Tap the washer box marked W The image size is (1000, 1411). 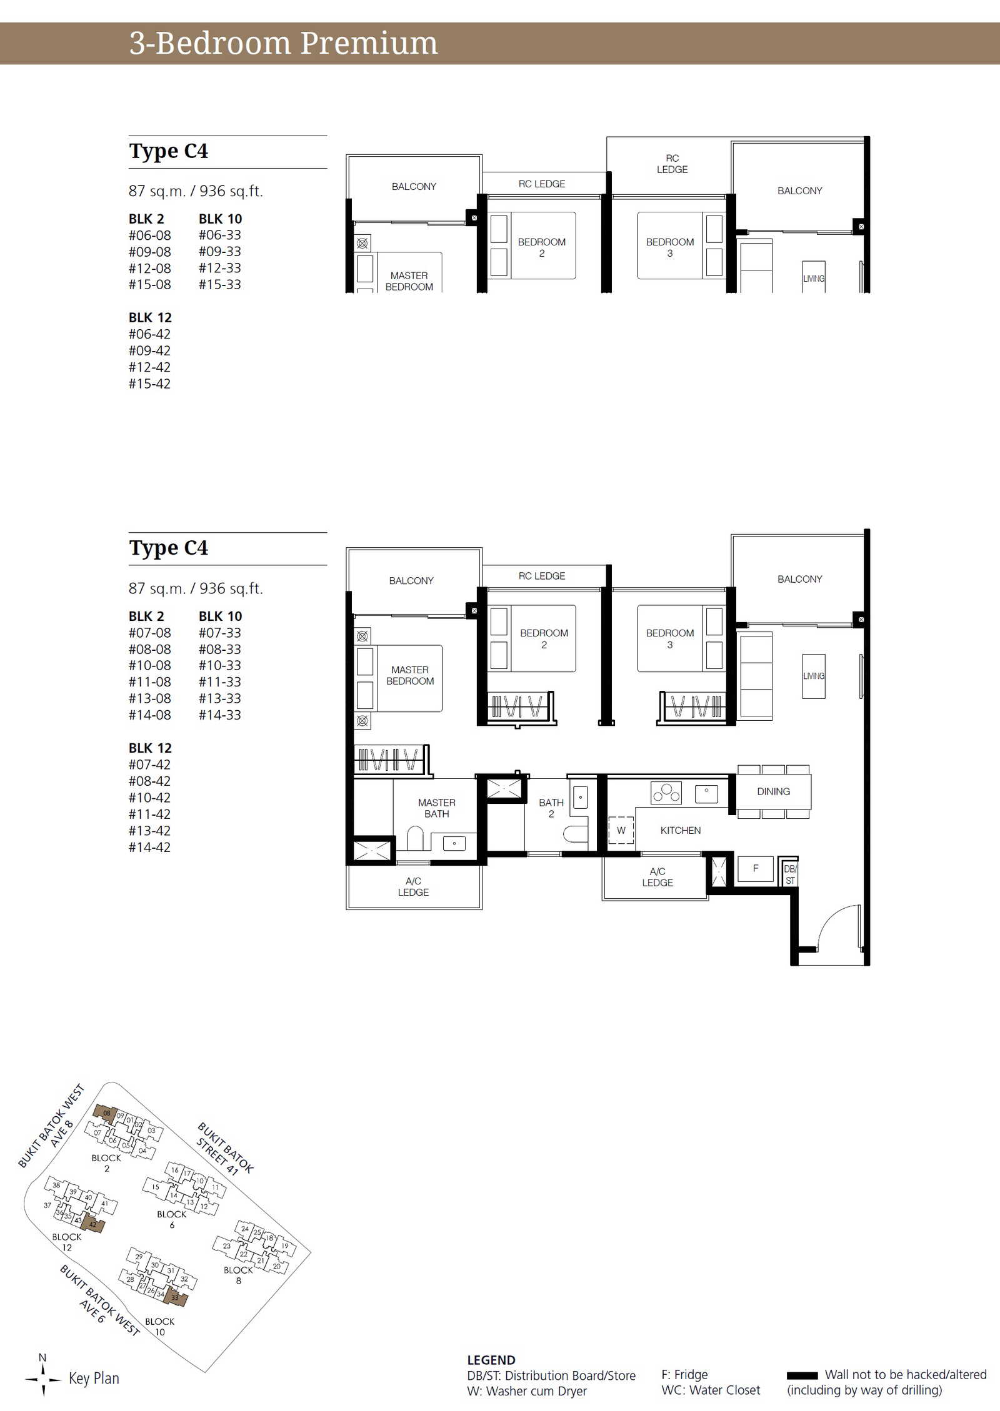(621, 830)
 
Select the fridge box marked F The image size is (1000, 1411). (756, 868)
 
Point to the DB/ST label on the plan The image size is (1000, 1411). (790, 874)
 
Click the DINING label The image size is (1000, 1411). (773, 791)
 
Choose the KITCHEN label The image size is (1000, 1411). (681, 830)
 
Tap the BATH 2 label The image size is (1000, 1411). (551, 808)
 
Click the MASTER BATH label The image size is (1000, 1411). (437, 808)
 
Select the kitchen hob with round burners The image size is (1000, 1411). (666, 793)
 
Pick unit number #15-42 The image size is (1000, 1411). (149, 384)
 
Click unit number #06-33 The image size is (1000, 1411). (219, 235)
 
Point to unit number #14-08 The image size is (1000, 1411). (149, 715)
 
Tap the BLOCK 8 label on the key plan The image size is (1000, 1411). (238, 1275)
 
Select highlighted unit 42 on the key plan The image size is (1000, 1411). (92, 1224)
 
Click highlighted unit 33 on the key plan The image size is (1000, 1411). (175, 1297)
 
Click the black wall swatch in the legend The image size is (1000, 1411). (802, 1375)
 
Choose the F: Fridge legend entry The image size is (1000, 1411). (684, 1375)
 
